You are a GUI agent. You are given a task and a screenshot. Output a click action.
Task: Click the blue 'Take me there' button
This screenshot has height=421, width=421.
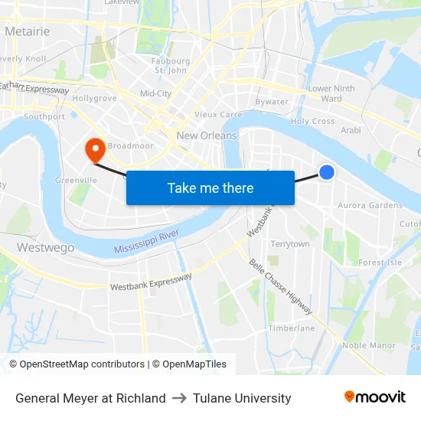click(210, 188)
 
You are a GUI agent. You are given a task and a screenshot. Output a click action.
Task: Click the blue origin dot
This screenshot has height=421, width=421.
click(327, 172)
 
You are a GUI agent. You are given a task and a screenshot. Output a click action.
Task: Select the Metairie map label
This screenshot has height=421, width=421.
click(27, 31)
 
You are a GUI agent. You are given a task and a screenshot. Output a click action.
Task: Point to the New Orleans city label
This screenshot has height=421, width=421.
click(207, 135)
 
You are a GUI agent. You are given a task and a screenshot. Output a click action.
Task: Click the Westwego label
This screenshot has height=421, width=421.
click(45, 248)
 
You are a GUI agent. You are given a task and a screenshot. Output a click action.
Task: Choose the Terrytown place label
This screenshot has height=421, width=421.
click(290, 244)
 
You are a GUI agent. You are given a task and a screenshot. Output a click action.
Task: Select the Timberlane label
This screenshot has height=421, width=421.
click(291, 328)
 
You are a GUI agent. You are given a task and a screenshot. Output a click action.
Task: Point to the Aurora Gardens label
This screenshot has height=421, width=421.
click(370, 205)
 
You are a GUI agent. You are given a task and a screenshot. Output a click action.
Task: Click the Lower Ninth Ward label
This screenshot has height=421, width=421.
click(331, 93)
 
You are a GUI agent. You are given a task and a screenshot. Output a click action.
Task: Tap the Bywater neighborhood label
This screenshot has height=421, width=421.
click(272, 102)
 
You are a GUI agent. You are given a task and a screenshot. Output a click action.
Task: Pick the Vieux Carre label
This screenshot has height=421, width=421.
click(218, 115)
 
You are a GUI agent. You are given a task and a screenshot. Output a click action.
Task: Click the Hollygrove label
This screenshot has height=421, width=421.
click(94, 98)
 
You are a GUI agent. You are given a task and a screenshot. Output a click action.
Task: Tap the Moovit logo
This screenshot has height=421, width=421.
click(374, 397)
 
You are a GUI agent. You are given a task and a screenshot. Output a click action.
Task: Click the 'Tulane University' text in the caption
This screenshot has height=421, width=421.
click(242, 398)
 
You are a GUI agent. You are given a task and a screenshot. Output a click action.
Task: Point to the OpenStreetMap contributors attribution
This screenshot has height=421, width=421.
click(77, 364)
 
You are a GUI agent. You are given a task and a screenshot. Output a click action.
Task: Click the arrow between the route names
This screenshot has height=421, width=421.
click(179, 398)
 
